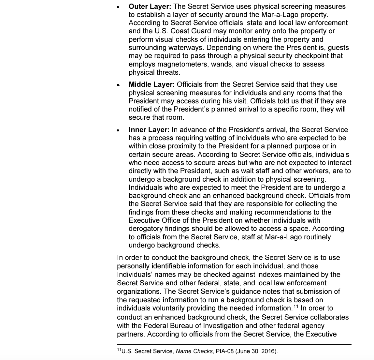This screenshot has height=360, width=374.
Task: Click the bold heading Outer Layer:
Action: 150,7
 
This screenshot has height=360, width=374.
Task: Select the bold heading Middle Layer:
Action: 152,84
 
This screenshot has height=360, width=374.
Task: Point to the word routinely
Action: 313,237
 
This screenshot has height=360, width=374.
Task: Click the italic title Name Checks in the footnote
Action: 194,351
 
